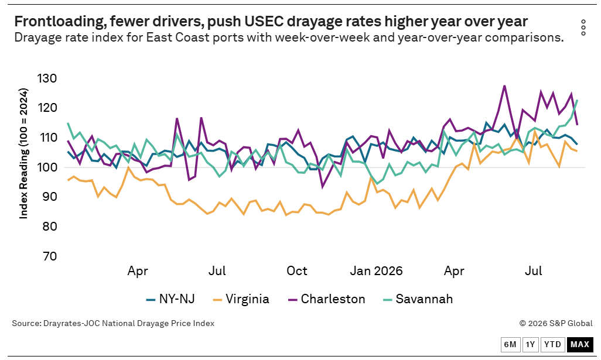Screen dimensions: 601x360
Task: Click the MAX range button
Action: click(579, 344)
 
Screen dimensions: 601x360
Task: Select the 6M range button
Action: click(510, 344)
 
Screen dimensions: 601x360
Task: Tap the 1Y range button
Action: click(530, 344)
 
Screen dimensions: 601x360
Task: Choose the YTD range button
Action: click(553, 344)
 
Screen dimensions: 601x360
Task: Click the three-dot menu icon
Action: click(583, 28)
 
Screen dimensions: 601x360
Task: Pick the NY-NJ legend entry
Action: click(170, 299)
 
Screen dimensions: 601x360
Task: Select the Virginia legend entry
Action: click(241, 299)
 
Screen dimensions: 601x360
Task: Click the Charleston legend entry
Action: click(326, 299)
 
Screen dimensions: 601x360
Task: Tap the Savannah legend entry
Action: click(418, 299)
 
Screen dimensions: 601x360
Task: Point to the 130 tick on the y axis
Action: click(47, 78)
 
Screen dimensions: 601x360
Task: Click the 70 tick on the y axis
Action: click(49, 256)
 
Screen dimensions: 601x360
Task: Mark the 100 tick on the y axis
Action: click(47, 167)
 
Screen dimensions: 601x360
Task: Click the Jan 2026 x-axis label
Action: click(377, 271)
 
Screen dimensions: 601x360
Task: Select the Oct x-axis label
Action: click(297, 271)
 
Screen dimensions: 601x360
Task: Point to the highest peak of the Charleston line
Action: click(504, 85)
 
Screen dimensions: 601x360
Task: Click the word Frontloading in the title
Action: click(60, 22)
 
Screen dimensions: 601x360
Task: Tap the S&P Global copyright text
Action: click(556, 323)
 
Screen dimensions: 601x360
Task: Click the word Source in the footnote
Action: click(26, 323)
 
